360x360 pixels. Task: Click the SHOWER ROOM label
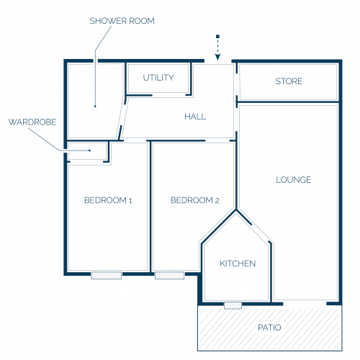pyautogui.click(x=122, y=21)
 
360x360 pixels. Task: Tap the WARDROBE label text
pyautogui.click(x=32, y=122)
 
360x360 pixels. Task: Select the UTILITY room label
pyautogui.click(x=158, y=78)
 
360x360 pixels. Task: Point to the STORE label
pyautogui.click(x=289, y=81)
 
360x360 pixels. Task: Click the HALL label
pyautogui.click(x=195, y=117)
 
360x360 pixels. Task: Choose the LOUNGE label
pyautogui.click(x=293, y=180)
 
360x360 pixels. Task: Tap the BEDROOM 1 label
pyautogui.click(x=108, y=200)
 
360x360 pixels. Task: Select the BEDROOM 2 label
pyautogui.click(x=195, y=200)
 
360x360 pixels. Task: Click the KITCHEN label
pyautogui.click(x=238, y=264)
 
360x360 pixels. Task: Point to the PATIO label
pyautogui.click(x=269, y=328)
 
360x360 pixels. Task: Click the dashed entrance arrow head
pyautogui.click(x=217, y=57)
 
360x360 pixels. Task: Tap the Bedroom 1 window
pyautogui.click(x=107, y=275)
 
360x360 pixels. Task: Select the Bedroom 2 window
pyautogui.click(x=170, y=275)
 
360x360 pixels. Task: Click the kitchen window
pyautogui.click(x=233, y=305)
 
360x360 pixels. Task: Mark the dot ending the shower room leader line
pyautogui.click(x=95, y=106)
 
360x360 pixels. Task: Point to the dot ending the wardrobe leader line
pyautogui.click(x=89, y=150)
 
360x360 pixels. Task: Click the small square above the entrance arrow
pyautogui.click(x=217, y=37)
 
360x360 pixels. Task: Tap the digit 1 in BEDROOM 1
pyautogui.click(x=130, y=200)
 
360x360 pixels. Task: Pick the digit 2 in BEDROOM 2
pyautogui.click(x=217, y=200)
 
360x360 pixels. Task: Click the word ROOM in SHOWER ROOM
pyautogui.click(x=142, y=21)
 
